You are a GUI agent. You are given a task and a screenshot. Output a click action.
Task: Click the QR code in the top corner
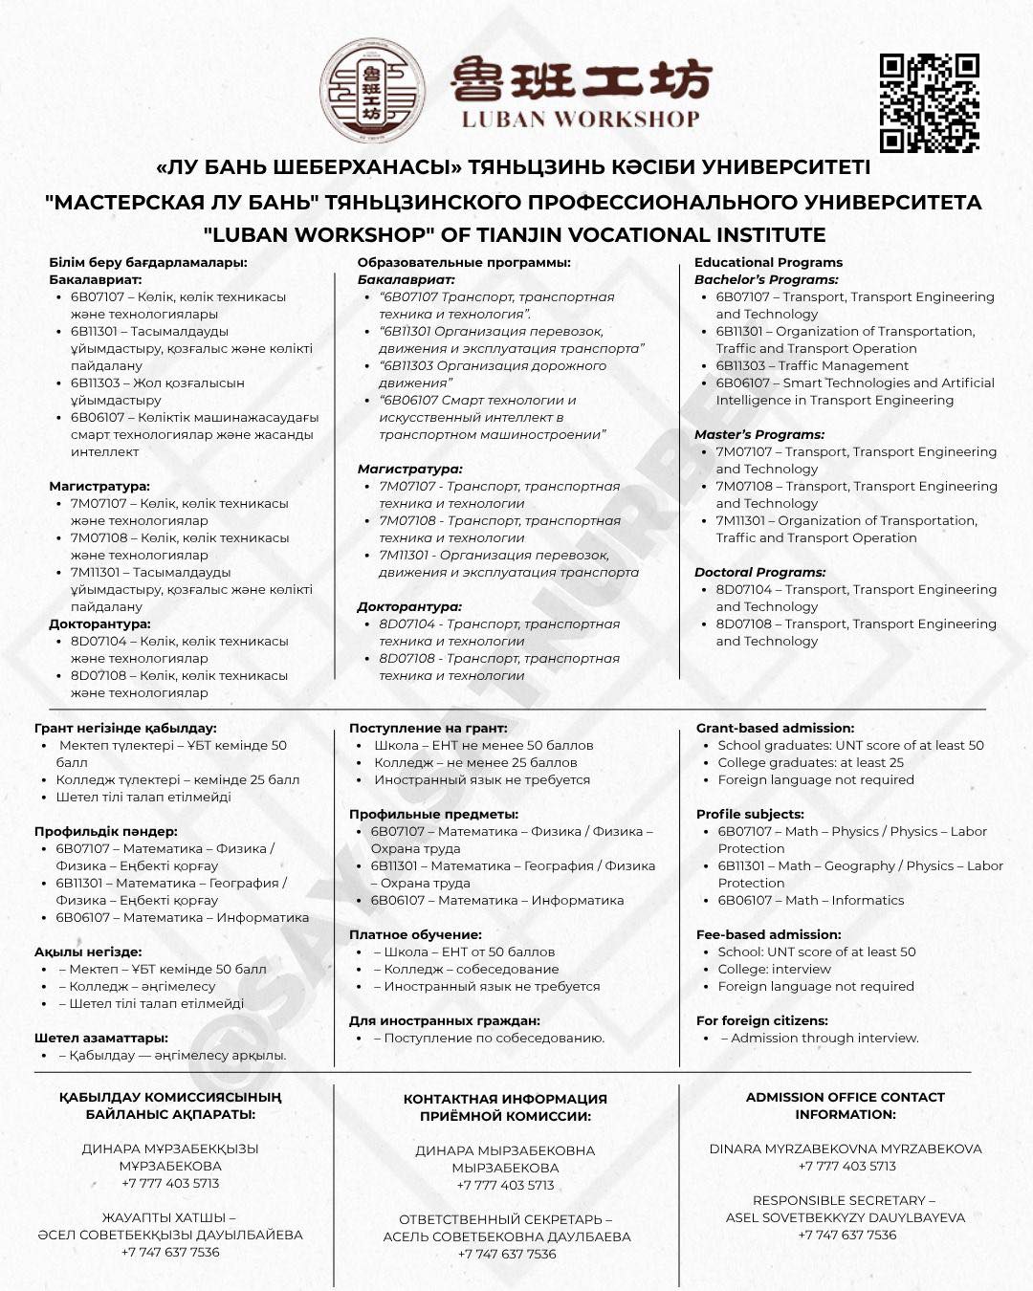tap(929, 102)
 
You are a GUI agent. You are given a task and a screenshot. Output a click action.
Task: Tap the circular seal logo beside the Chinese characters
tap(372, 91)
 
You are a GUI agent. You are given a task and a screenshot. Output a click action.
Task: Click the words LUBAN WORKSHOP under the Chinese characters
tap(581, 120)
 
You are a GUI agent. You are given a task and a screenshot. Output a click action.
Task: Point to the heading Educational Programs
tap(768, 262)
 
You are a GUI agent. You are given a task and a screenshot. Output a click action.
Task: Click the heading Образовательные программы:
tap(464, 262)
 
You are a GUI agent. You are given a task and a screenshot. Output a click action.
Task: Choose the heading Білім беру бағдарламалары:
tap(148, 262)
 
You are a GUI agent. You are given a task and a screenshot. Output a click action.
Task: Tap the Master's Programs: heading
tap(758, 434)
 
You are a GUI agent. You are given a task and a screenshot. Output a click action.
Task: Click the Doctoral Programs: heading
tap(759, 572)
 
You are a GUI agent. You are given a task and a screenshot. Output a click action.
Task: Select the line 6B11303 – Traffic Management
tap(812, 365)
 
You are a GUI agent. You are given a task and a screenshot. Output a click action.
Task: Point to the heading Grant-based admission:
tap(775, 728)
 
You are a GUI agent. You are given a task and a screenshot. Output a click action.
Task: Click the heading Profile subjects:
tap(750, 814)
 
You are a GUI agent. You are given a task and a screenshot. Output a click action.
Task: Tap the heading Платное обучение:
tap(415, 934)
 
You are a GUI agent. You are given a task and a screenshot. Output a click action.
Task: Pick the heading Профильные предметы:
tap(433, 814)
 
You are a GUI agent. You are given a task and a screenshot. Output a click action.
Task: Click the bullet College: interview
tap(774, 969)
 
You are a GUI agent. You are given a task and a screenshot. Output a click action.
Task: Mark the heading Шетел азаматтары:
tap(101, 1038)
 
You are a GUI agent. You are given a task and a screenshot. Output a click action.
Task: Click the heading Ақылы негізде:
tap(88, 952)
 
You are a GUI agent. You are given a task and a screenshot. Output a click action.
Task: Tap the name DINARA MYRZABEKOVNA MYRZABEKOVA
tap(846, 1149)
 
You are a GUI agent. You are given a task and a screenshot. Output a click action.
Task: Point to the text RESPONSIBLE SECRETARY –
tap(844, 1200)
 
